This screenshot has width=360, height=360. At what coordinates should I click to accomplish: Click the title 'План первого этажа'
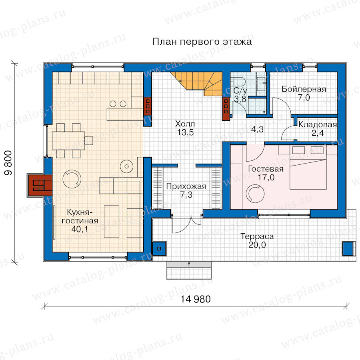[202, 42]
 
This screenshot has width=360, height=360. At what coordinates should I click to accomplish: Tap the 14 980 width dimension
[195, 299]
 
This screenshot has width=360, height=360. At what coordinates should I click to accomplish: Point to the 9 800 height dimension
[8, 163]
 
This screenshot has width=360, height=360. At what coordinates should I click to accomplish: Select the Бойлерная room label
[304, 89]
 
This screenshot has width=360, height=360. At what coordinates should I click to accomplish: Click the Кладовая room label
[318, 125]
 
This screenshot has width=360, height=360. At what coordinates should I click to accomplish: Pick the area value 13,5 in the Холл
[185, 132]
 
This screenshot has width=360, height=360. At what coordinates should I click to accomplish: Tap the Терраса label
[257, 236]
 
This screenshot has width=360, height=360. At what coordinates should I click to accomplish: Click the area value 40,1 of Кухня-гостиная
[80, 229]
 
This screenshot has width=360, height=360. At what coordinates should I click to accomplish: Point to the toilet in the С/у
[238, 81]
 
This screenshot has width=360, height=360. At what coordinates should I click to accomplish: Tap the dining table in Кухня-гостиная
[68, 140]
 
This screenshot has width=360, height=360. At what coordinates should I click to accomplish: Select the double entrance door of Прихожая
[187, 224]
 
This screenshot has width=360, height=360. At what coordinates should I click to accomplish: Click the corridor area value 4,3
[257, 130]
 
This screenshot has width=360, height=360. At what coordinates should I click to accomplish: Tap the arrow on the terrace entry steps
[189, 264]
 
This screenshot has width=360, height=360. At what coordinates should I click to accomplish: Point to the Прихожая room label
[186, 186]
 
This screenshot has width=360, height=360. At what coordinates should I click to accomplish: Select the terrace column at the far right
[348, 248]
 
